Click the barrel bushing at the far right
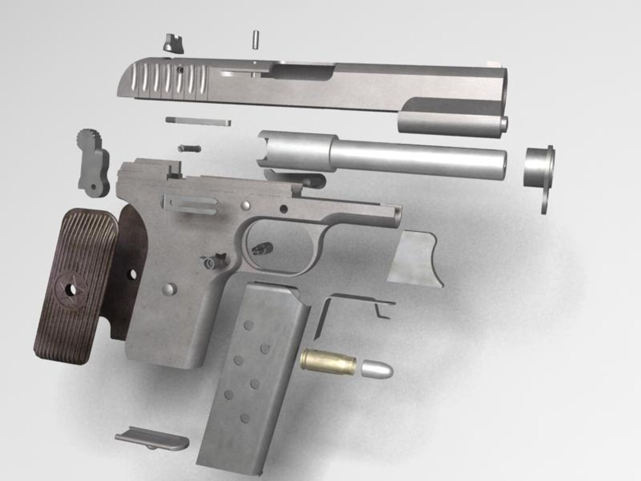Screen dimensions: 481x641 pyautogui.click(x=540, y=171)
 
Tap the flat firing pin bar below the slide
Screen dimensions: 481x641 pyautogui.click(x=198, y=121)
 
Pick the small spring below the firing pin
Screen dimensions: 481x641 pyautogui.click(x=189, y=148)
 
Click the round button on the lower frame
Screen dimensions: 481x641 pyautogui.click(x=169, y=289)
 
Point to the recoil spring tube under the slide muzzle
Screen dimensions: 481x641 pyautogui.click(x=452, y=122)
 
